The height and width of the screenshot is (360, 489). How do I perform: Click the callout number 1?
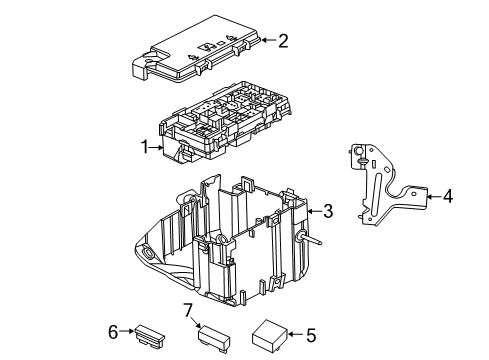tap(145, 146)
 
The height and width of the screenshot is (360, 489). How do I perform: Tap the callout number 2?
tap(283, 41)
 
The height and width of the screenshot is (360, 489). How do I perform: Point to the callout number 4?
tap(448, 196)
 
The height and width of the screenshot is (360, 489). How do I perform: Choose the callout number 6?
tap(113, 331)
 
